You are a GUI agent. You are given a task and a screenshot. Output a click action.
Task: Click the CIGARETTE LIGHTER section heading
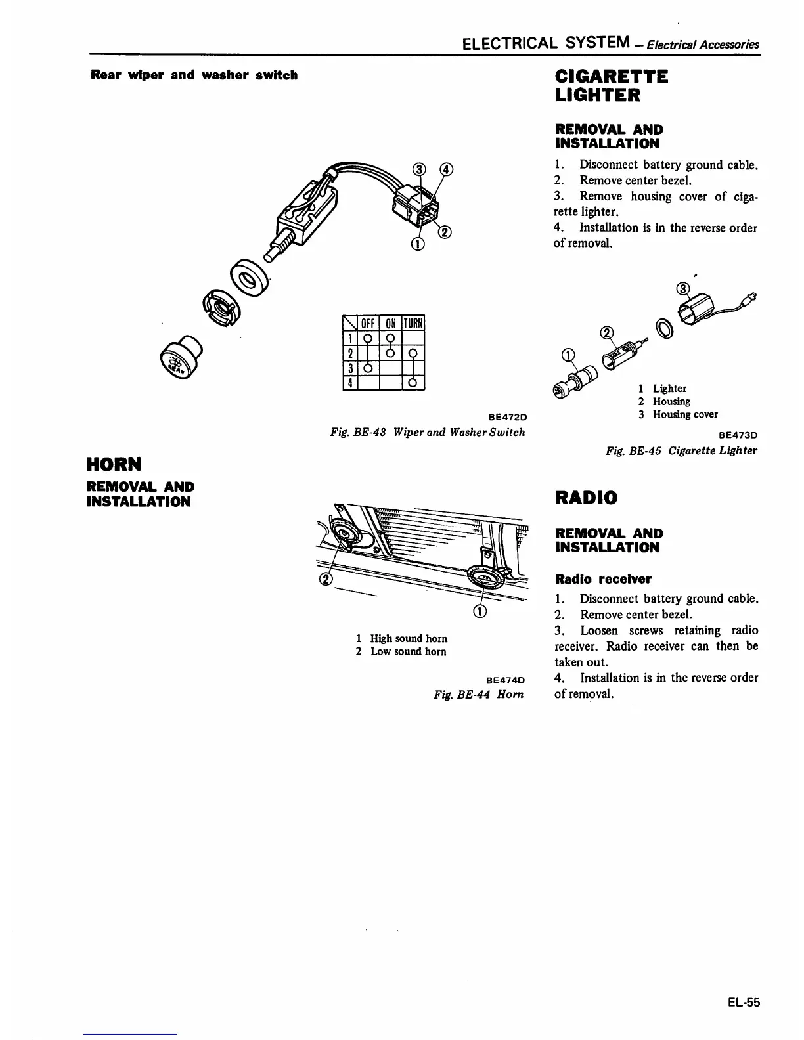tap(612, 86)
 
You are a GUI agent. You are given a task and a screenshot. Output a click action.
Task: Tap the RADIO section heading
tap(587, 498)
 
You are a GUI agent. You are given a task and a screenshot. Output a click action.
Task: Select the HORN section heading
tap(114, 465)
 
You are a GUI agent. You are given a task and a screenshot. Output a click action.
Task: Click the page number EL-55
tap(744, 1002)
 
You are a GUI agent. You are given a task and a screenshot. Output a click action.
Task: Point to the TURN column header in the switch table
tap(413, 323)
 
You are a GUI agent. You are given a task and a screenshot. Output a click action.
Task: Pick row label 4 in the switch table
tap(350, 383)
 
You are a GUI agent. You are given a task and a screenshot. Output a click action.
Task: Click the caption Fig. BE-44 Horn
tap(479, 695)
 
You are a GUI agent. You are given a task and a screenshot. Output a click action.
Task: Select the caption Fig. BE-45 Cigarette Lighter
tap(681, 450)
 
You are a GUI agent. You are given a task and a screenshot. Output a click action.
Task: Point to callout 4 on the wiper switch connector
tap(447, 169)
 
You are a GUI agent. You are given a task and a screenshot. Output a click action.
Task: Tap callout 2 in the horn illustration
tap(325, 578)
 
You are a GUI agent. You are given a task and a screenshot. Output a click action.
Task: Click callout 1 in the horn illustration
tap(480, 612)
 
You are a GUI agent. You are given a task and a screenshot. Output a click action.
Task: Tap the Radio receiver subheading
tap(604, 579)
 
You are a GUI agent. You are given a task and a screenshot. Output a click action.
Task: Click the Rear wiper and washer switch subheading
tap(194, 75)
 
